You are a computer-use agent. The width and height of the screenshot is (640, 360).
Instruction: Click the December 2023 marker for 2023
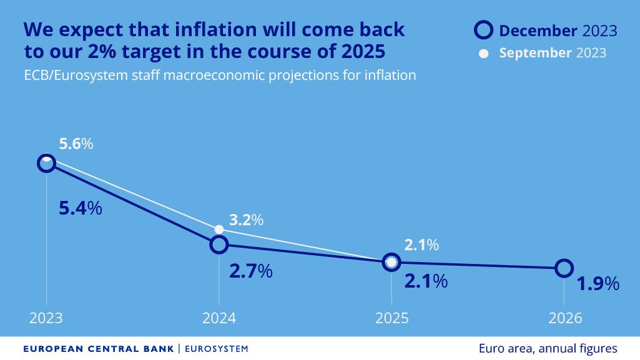click(x=46, y=163)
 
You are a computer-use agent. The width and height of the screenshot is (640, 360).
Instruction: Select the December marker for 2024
click(x=219, y=245)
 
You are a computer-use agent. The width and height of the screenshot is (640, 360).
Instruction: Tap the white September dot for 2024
click(x=219, y=229)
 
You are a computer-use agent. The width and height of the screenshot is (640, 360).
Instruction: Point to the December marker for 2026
click(x=564, y=268)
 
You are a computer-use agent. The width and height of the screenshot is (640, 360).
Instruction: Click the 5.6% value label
click(x=76, y=144)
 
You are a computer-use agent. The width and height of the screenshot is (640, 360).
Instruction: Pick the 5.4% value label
click(x=80, y=208)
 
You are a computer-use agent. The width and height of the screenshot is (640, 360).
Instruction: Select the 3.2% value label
click(x=246, y=220)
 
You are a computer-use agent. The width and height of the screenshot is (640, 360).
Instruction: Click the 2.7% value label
click(x=250, y=271)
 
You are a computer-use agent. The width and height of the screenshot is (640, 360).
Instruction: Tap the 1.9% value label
click(x=597, y=284)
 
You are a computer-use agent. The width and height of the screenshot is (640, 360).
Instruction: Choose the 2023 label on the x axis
click(x=46, y=318)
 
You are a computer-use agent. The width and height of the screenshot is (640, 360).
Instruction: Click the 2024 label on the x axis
click(x=219, y=318)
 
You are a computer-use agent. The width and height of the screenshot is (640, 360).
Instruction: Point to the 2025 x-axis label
click(x=391, y=318)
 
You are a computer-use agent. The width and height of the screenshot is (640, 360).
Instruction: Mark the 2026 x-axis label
click(x=564, y=318)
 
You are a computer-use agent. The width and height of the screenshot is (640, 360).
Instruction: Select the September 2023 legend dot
click(x=483, y=53)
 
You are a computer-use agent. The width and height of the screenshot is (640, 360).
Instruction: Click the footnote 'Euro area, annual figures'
click(x=548, y=348)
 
